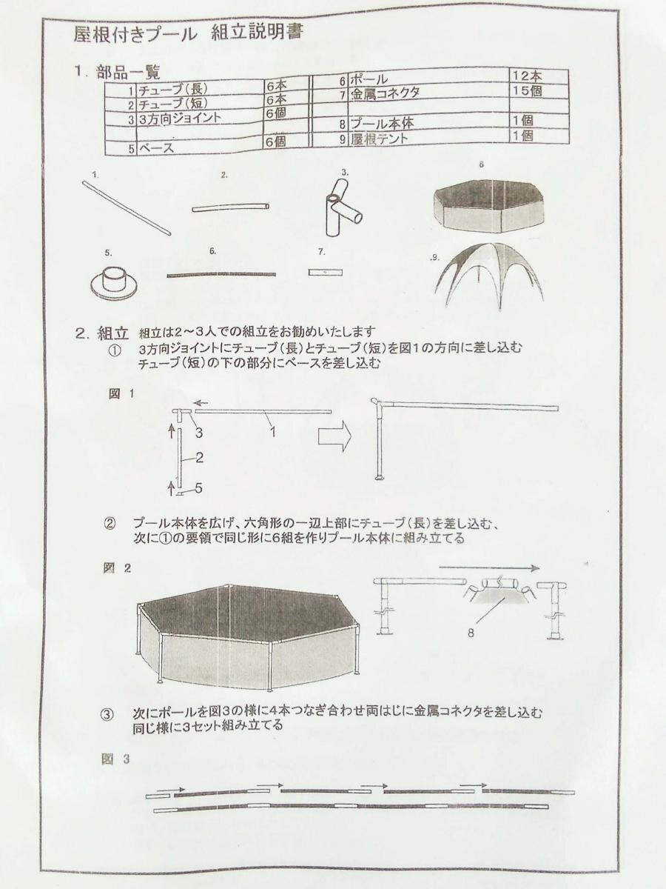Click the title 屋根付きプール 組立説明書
(x=188, y=34)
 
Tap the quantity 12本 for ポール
(x=526, y=76)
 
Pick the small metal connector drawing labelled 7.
(x=325, y=273)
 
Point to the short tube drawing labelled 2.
(x=230, y=207)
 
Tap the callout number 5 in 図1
(x=198, y=488)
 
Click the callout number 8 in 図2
(x=489, y=633)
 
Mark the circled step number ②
(x=110, y=525)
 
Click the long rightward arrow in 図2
(x=488, y=567)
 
